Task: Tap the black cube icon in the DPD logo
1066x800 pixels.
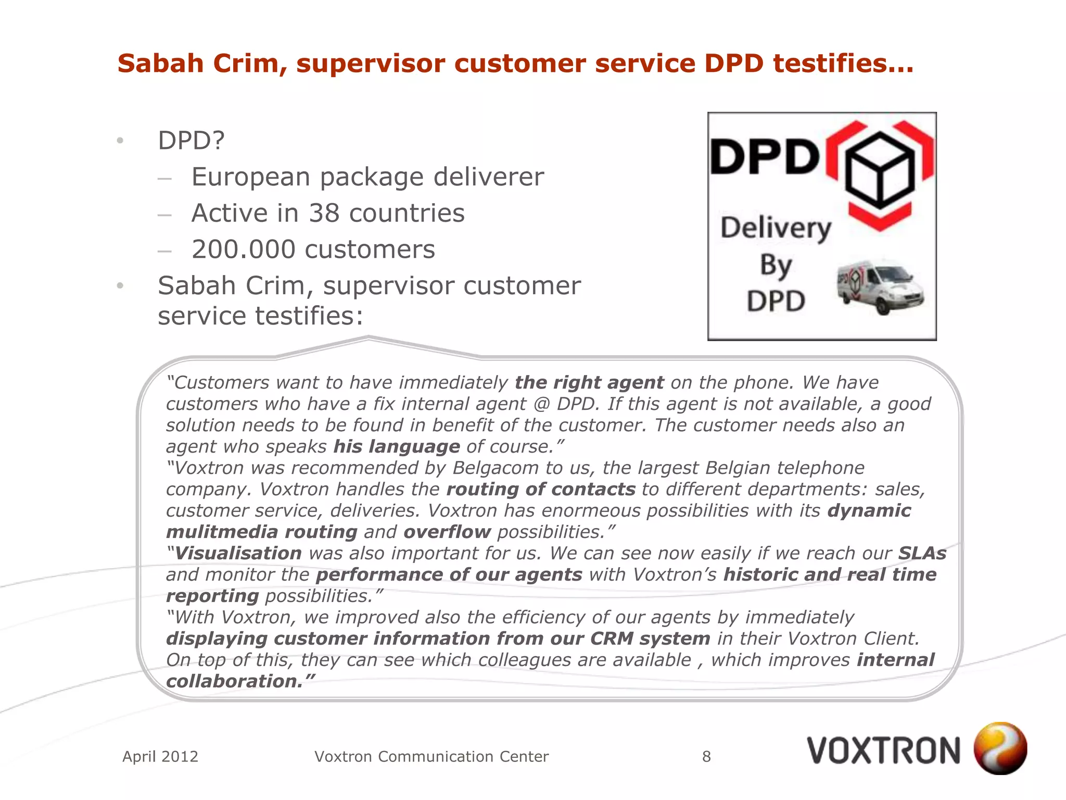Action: [880, 170]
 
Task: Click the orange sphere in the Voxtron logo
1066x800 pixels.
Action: [1000, 748]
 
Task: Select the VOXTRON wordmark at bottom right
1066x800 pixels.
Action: [883, 751]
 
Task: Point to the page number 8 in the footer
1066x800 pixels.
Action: [706, 756]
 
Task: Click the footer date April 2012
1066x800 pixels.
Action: [160, 756]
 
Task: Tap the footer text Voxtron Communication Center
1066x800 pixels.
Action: [432, 756]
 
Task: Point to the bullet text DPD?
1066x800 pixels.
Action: [191, 141]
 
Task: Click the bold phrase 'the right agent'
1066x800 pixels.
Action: [589, 383]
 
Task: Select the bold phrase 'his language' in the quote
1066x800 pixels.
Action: [397, 447]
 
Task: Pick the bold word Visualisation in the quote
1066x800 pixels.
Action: [238, 554]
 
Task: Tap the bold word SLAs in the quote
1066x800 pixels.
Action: [922, 554]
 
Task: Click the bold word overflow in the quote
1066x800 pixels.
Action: [447, 532]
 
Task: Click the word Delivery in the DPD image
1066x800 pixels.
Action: [776, 228]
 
